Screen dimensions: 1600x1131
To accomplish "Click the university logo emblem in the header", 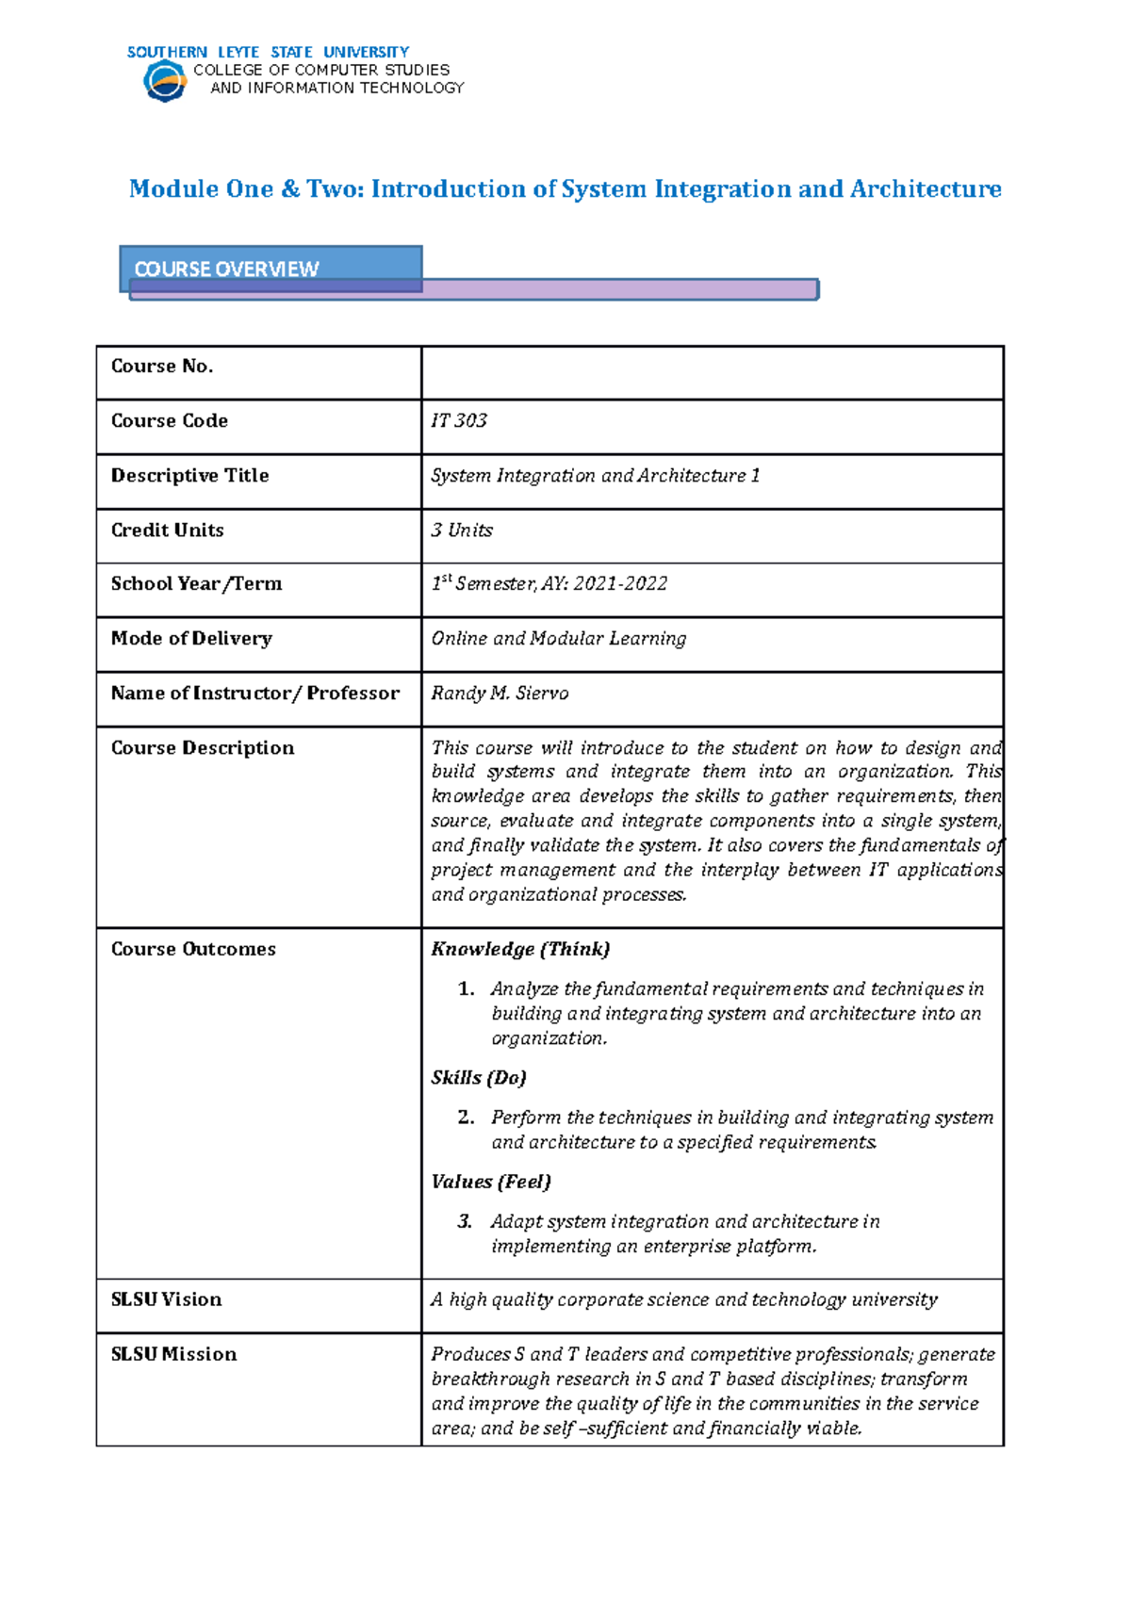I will coord(165,81).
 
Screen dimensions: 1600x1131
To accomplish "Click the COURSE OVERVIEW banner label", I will coord(226,269).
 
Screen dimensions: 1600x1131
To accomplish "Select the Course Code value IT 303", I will coord(459,421).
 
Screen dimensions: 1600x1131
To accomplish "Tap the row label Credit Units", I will coord(168,531).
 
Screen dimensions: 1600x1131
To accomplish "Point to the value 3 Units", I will coord(462,531).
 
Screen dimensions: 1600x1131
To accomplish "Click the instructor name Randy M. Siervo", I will coord(500,694).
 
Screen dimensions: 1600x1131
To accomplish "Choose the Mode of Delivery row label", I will coord(191,639).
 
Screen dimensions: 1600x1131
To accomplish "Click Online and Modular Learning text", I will coord(558,639).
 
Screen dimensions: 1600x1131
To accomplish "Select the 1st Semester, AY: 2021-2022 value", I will coord(549,584).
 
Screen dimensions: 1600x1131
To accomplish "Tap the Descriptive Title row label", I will coord(189,476).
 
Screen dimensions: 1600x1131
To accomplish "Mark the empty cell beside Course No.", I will coord(712,373).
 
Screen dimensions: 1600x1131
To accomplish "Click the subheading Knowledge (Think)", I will coord(520,949).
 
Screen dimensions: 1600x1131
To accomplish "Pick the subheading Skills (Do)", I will coord(479,1078).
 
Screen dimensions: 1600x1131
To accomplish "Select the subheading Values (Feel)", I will coord(491,1182).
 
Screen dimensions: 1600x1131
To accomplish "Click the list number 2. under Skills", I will coord(466,1118).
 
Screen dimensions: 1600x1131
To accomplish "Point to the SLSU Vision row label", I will coord(166,1299).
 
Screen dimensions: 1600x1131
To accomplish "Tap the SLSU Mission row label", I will coord(173,1354).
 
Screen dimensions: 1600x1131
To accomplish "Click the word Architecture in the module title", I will coord(925,189).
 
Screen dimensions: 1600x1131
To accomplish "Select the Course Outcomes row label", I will coord(193,949).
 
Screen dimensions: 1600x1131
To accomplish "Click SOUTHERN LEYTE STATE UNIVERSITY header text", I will coord(268,52).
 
